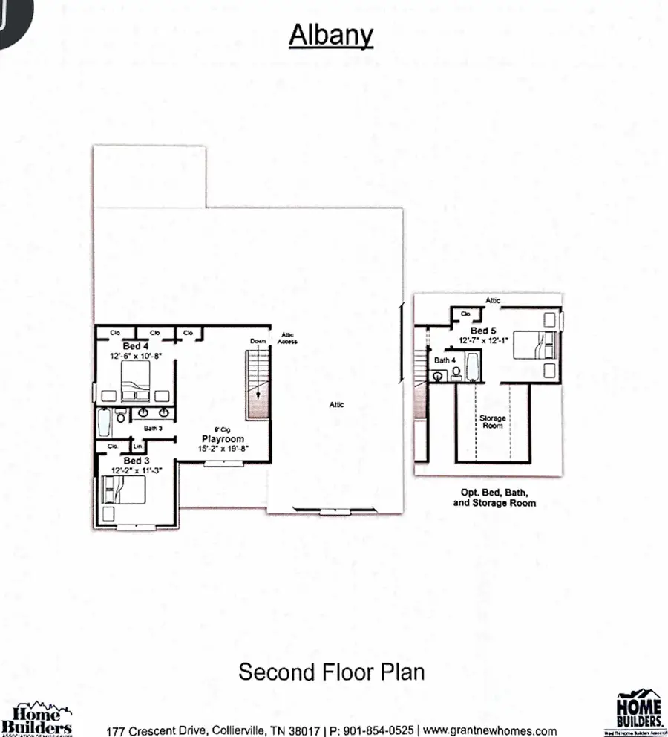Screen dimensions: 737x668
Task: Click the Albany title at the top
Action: coord(330,35)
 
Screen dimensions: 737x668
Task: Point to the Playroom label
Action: coord(221,439)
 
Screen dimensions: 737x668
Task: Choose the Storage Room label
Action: coord(493,421)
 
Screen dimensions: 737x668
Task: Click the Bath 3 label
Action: coord(153,428)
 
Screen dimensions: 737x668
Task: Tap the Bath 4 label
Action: coord(445,360)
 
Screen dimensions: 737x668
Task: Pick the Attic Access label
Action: coord(288,338)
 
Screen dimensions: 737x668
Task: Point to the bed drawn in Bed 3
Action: coord(124,490)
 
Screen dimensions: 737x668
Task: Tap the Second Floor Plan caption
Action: coord(331,672)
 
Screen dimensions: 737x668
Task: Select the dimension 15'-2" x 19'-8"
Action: coord(221,449)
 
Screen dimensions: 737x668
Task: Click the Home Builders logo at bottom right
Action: coord(638,711)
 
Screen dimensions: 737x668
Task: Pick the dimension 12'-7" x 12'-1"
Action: coord(483,340)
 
